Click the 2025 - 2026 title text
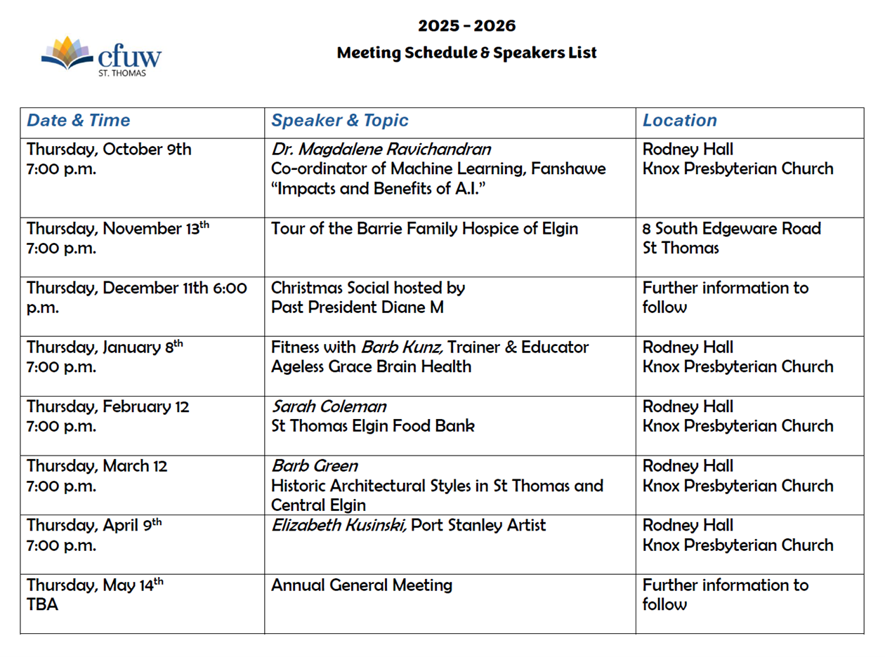(x=466, y=26)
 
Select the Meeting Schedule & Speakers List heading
(x=466, y=53)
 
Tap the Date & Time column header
(x=78, y=120)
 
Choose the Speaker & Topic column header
(x=339, y=120)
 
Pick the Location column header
(x=679, y=120)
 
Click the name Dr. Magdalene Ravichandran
(x=381, y=150)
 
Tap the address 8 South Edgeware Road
(x=731, y=229)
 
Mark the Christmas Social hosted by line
(x=368, y=288)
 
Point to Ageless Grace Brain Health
(x=371, y=366)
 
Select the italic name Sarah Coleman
(x=329, y=407)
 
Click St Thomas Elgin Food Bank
(x=372, y=426)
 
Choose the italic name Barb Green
(x=314, y=466)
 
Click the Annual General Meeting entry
(x=361, y=585)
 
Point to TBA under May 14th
(x=42, y=604)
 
